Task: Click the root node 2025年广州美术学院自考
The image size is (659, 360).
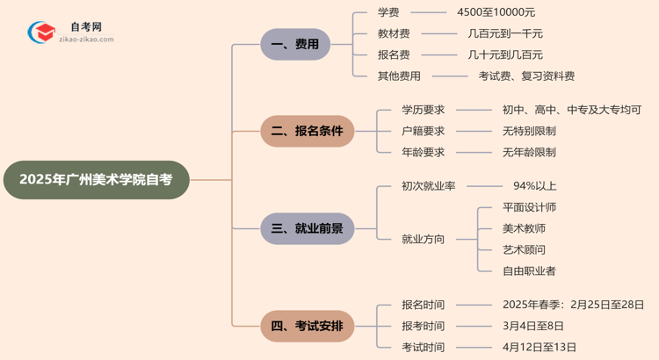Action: pos(97,180)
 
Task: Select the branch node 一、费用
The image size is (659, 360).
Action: pos(295,44)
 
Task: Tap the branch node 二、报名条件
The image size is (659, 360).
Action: pos(307,131)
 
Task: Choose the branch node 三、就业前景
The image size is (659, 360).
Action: pos(307,228)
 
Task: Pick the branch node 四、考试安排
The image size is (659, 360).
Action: pos(307,327)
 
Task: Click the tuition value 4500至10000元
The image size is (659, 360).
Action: pos(496,12)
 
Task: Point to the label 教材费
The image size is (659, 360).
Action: pos(393,33)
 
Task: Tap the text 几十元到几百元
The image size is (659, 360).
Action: pos(505,54)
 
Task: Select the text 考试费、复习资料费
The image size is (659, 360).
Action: pos(526,76)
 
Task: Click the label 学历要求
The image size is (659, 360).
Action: pos(423,110)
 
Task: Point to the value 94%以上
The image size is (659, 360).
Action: pos(534,186)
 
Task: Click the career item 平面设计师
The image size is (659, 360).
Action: pos(529,207)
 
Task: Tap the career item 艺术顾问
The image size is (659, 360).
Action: pos(524,249)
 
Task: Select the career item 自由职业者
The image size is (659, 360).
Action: pos(529,270)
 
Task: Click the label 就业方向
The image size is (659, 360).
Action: pos(423,239)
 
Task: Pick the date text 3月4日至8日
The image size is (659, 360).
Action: pos(534,326)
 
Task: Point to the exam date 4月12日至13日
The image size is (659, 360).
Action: pos(540,347)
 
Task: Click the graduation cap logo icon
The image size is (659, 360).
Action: pos(40,33)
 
